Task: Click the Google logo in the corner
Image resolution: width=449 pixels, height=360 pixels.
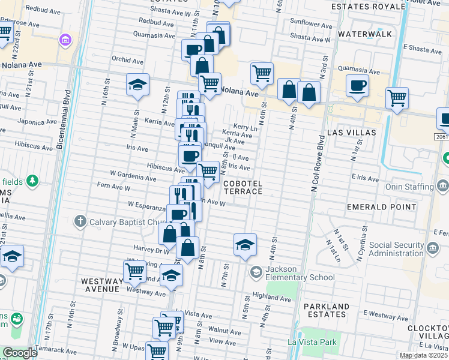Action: pos(19,353)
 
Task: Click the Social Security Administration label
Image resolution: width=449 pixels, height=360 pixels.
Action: pos(405,249)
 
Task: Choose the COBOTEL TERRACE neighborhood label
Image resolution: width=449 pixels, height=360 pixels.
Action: pos(243,187)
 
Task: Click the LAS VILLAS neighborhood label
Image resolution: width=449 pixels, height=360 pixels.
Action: pos(352,132)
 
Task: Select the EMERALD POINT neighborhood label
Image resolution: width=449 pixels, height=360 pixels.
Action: pos(381,207)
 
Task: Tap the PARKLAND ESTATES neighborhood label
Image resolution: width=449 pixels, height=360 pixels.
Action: pos(326,310)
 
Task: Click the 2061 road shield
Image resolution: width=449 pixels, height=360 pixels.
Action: pos(441,137)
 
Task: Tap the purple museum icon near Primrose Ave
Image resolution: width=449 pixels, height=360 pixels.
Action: pos(65,40)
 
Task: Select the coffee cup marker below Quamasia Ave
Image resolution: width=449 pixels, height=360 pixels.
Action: pos(193,50)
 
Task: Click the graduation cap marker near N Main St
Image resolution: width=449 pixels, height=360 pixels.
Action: pos(137,85)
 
